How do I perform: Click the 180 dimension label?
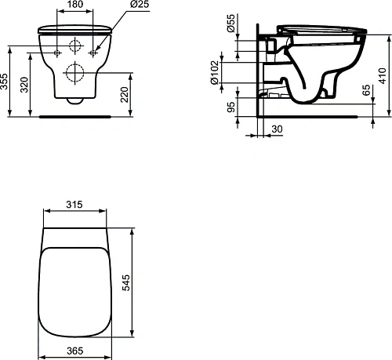coord(75,4)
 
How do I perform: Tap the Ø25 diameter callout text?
coord(140,4)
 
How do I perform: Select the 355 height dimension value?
coord(4,82)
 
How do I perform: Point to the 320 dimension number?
coord(24,85)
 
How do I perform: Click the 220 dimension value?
coord(125,95)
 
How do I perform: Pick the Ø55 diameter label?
coord(231,23)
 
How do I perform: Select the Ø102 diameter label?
coord(214,73)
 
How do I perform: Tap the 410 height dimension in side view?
coord(382,76)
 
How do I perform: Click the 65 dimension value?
coord(367,90)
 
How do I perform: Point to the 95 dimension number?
coord(231,107)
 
